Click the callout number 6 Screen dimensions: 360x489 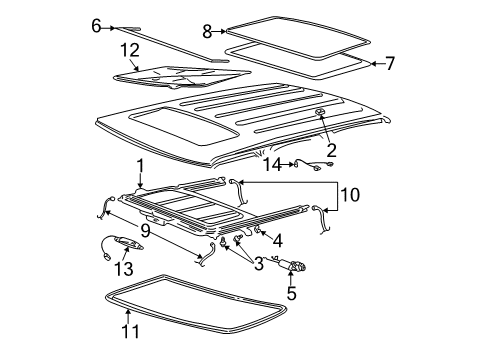coord(96,27)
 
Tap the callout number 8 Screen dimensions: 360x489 coord(207,31)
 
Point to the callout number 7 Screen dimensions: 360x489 coord(389,64)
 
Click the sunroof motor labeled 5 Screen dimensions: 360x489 coord(297,265)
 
